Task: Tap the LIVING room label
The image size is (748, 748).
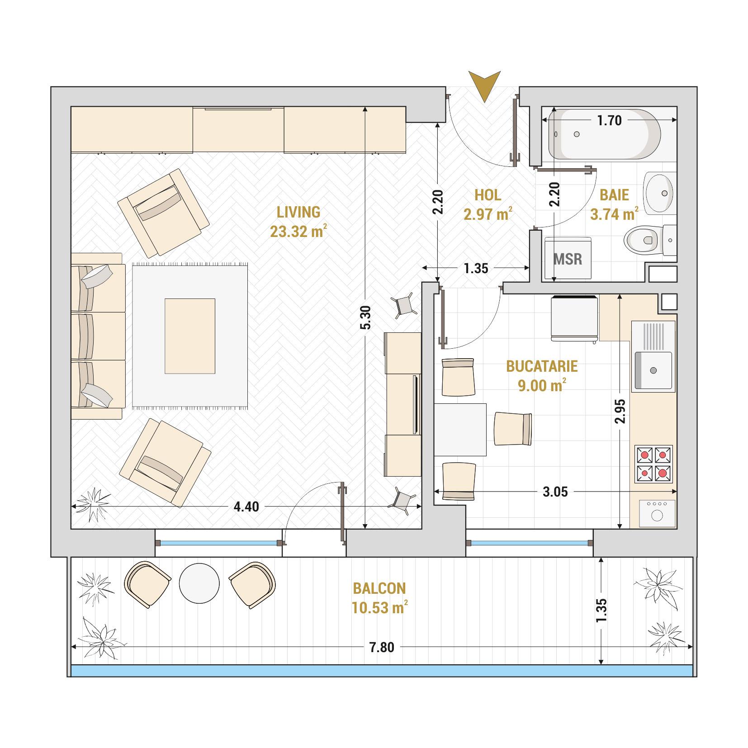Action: click(298, 212)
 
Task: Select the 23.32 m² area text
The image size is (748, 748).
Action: click(298, 232)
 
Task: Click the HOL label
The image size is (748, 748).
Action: click(488, 195)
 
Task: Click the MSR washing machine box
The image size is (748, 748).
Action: click(568, 258)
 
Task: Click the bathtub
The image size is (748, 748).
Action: click(605, 134)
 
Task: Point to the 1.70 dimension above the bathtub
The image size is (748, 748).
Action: click(609, 120)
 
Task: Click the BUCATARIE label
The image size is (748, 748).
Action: click(542, 366)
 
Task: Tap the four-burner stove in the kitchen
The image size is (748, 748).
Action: click(653, 464)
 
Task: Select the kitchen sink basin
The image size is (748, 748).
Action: click(653, 370)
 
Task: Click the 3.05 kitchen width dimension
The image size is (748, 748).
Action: click(555, 492)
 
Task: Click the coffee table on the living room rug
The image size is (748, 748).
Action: click(189, 336)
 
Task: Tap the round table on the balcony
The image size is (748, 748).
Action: click(199, 583)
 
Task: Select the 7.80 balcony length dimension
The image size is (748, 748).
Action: click(382, 648)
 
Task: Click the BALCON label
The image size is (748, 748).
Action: click(379, 588)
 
